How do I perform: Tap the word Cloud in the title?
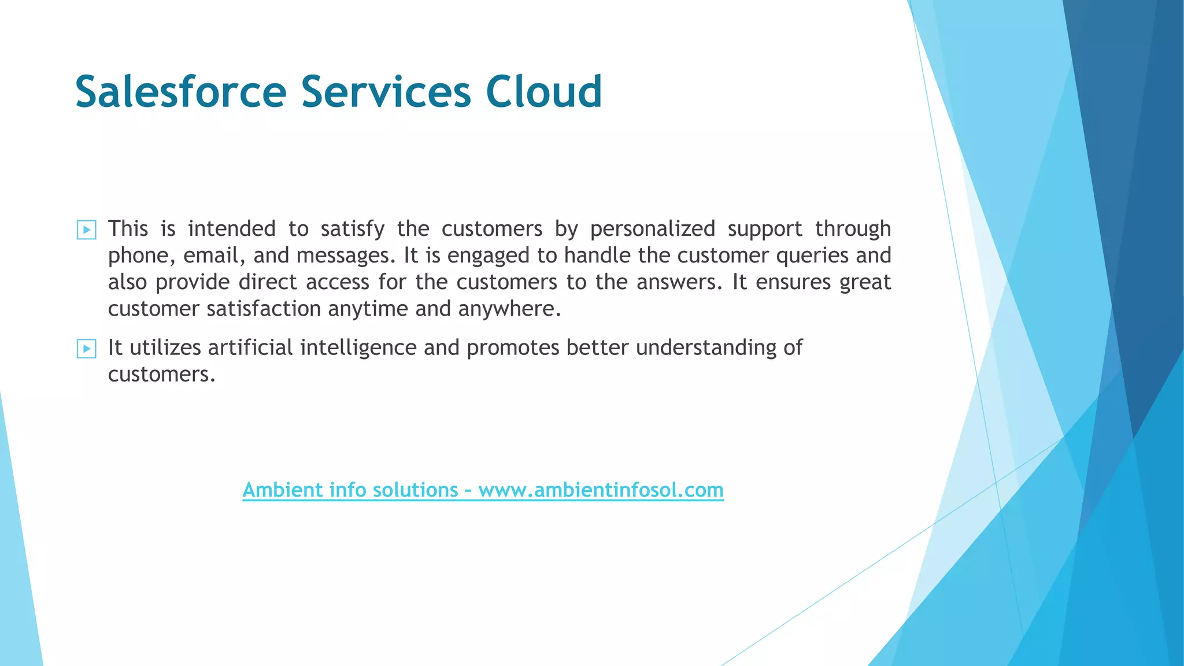(543, 92)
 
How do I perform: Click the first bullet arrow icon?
(86, 230)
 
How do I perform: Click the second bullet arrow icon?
(86, 349)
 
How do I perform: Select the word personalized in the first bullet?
(652, 230)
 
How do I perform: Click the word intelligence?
(358, 348)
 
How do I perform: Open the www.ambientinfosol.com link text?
(601, 490)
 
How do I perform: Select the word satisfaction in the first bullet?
(264, 309)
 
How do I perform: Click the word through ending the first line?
(853, 230)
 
